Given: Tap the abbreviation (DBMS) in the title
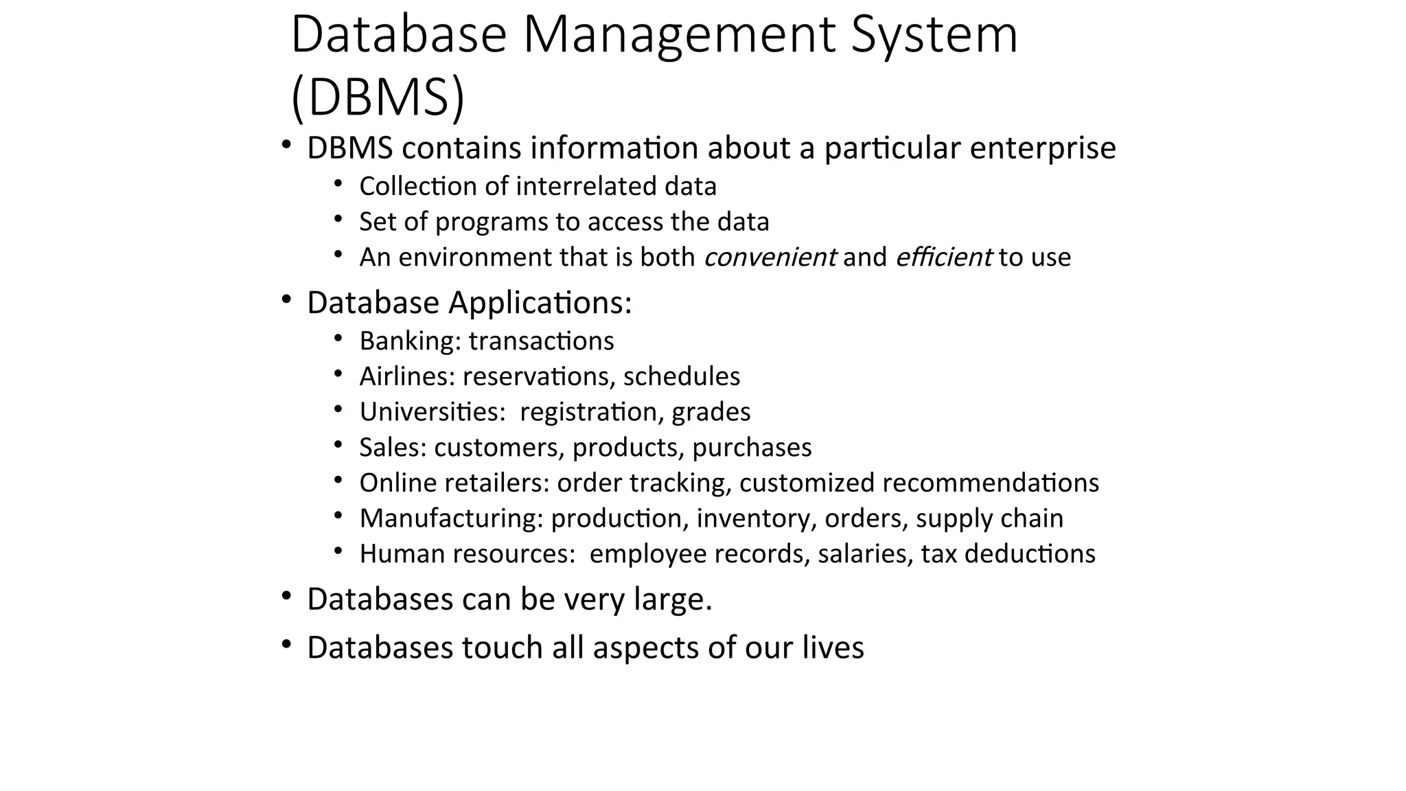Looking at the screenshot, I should (x=378, y=98).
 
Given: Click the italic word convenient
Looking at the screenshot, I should (x=770, y=257).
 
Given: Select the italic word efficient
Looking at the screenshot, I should (x=943, y=257).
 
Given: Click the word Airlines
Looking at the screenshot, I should (x=407, y=376).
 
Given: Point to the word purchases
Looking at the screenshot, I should (x=752, y=448).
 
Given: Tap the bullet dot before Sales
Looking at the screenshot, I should (x=338, y=445).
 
